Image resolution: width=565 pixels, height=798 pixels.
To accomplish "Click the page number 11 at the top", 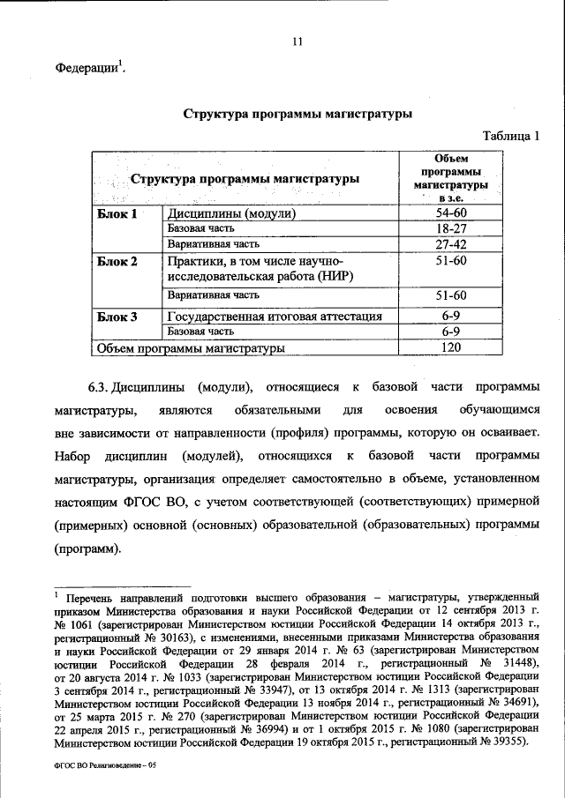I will coord(297,41).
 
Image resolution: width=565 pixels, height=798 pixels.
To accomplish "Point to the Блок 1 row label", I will coord(117,214).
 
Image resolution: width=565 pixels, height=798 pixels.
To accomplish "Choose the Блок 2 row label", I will coord(117,262).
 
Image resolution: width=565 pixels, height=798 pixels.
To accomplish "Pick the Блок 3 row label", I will coord(117,317).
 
